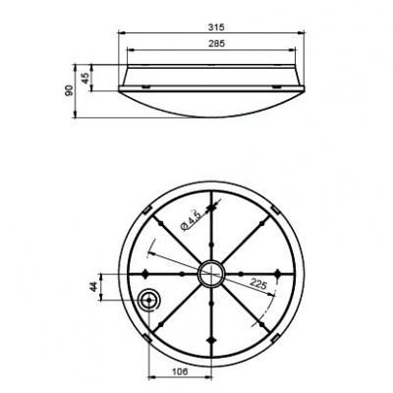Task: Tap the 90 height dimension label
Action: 70,91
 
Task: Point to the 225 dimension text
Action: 260,285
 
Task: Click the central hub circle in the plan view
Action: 210,273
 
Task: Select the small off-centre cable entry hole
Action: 148,299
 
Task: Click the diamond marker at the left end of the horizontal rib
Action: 145,273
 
